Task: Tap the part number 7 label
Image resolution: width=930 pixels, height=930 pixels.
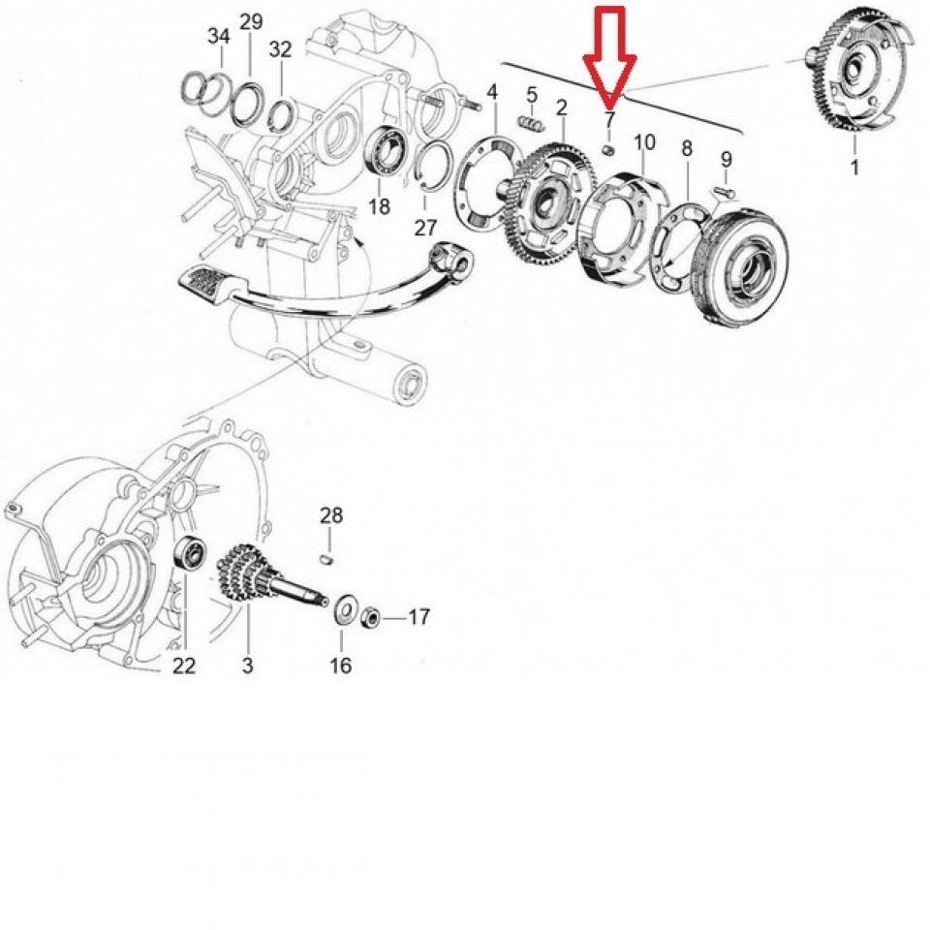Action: pos(609,121)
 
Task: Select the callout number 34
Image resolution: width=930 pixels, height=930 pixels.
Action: pos(219,37)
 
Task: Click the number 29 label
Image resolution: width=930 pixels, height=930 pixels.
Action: pos(251,22)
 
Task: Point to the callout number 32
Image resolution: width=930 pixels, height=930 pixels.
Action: pos(280,49)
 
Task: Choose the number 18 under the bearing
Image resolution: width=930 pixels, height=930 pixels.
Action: pos(380,206)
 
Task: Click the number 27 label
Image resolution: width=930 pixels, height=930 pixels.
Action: pos(425,229)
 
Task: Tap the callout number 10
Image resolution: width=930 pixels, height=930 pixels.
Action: pos(644,142)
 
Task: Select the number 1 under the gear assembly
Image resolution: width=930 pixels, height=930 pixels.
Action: pos(854,168)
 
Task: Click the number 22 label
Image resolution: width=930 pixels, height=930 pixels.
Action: pos(184,666)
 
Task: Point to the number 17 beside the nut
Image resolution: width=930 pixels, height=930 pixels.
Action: pos(418,616)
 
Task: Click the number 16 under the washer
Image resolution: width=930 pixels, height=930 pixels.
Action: pos(341,666)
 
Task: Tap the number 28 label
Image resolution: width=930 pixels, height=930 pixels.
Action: pos(331,515)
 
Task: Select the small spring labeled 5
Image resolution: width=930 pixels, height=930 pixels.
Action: pos(530,124)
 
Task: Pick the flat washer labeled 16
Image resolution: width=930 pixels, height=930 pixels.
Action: pos(342,612)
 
